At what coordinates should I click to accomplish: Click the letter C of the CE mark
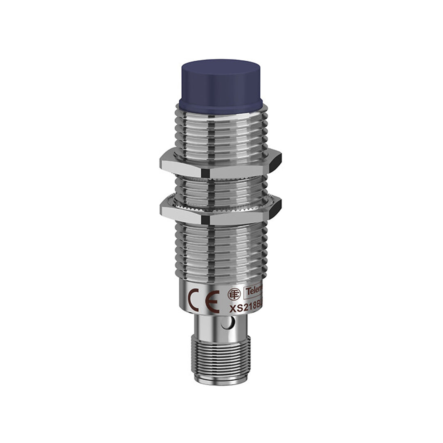[x=193, y=299]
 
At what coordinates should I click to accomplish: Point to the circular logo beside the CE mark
[x=234, y=294]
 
